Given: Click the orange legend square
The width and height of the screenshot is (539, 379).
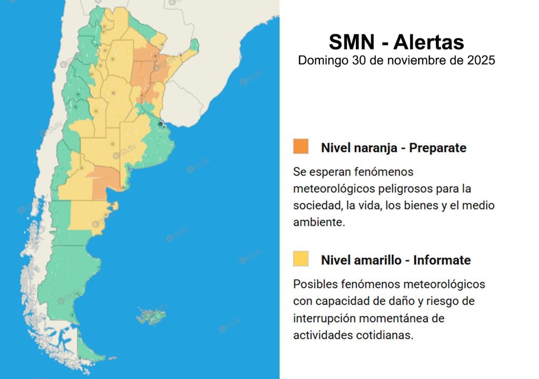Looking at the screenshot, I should (301, 146).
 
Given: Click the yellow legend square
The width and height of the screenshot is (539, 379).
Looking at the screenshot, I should (301, 258).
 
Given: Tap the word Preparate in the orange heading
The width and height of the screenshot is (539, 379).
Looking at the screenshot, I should (438, 148).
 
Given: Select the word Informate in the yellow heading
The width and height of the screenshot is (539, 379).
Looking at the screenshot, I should (442, 260).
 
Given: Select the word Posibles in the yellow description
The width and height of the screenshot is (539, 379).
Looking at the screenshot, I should (314, 284).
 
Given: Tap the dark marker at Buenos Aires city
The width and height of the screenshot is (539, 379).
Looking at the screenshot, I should (161, 124).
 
